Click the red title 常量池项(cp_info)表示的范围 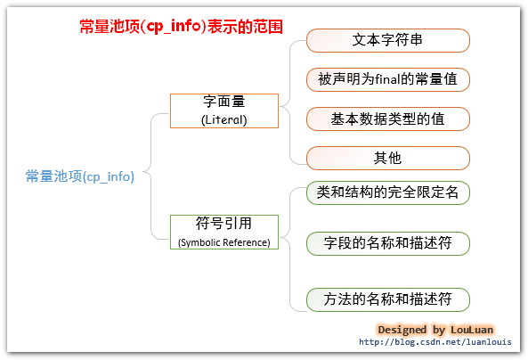[x=181, y=27]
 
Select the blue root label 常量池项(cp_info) [x=80, y=176]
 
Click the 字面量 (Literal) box [x=223, y=110]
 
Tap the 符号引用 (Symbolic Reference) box [x=223, y=232]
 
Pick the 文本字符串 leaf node [x=387, y=40]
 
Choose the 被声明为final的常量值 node [x=387, y=79]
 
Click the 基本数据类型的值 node [x=387, y=119]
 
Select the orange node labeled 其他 [x=387, y=158]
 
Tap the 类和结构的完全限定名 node [x=387, y=192]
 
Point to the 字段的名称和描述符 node [x=387, y=242]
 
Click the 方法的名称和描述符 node [x=387, y=299]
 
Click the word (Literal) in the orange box [x=223, y=119]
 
